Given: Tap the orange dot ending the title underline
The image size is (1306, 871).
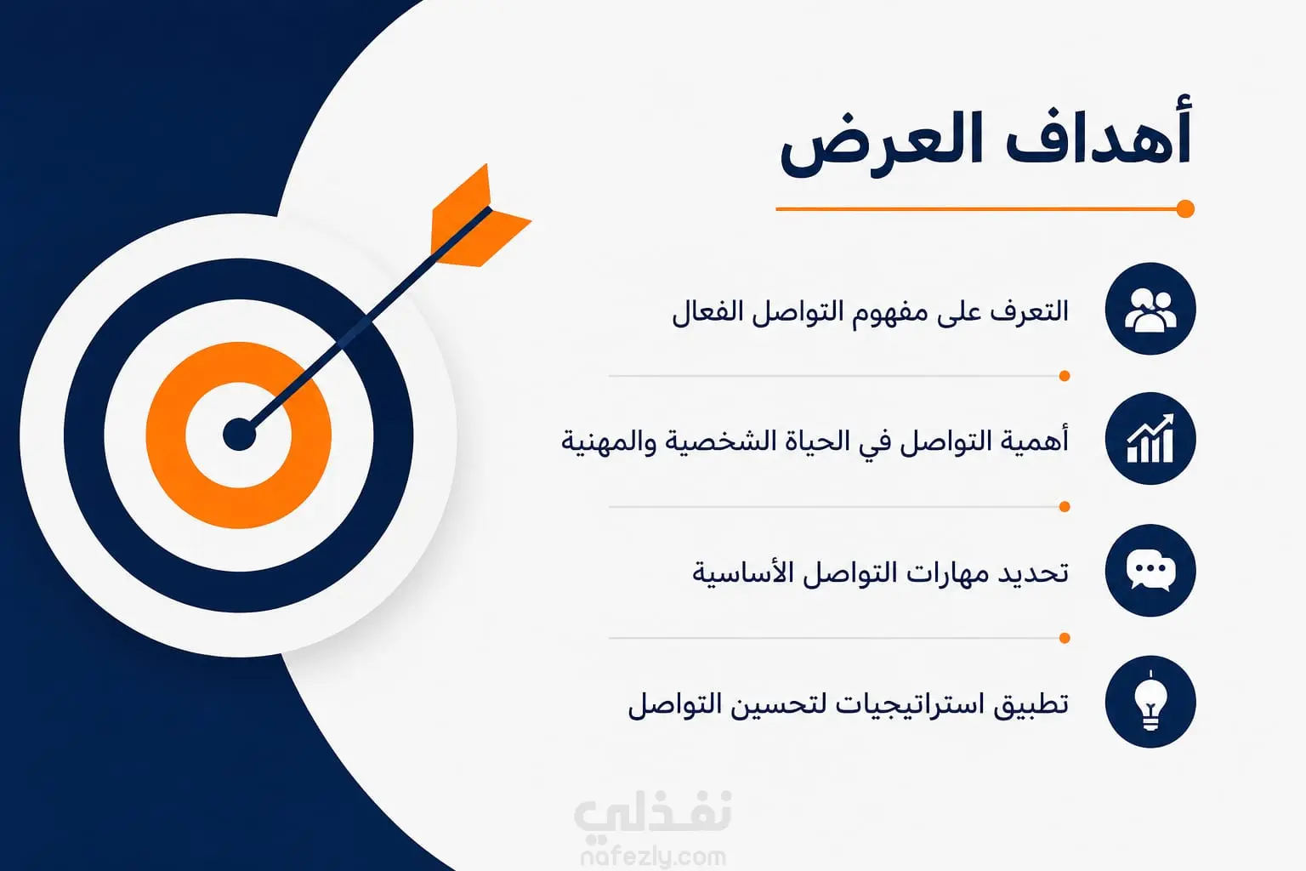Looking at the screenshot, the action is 1184,209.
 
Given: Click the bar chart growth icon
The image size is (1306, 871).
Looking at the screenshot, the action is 1150,439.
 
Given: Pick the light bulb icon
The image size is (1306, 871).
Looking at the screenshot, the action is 1150,701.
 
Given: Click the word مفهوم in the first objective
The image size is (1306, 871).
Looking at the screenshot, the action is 896,312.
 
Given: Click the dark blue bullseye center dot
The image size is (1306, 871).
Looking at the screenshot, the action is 239,435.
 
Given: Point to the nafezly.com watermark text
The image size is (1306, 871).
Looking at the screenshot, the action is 654,857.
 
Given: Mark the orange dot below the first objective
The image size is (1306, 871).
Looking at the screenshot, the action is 1064,376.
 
